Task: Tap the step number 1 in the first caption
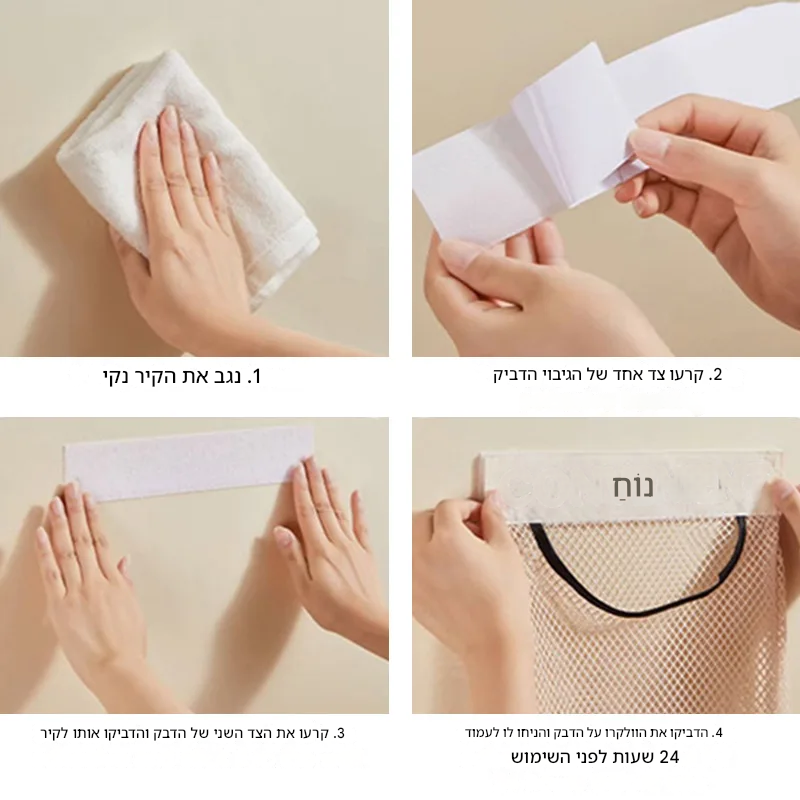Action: (x=254, y=377)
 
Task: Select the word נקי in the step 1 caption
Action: (x=117, y=377)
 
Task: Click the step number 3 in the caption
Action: (x=339, y=733)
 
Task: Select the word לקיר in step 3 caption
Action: (x=52, y=734)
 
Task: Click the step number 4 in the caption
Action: (x=717, y=733)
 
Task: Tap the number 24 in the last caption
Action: (x=669, y=757)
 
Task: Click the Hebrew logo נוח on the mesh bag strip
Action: (x=633, y=486)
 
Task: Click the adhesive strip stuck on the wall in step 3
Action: (x=189, y=464)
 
